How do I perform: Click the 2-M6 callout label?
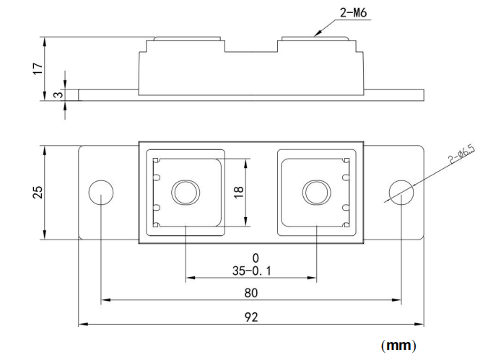coord(333,12)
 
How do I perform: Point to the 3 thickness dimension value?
coord(57,94)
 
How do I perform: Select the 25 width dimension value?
coord(38,193)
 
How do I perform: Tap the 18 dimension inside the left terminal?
coord(239,193)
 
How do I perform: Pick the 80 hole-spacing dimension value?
coord(250,293)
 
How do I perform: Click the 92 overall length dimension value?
coord(250,316)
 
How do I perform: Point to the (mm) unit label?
coord(398,345)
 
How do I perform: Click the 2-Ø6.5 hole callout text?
coord(460,154)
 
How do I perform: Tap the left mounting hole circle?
coord(100,193)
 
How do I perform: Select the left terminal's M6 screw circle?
coord(185,193)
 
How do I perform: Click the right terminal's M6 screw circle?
coord(315,193)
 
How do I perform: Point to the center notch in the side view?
coord(251,48)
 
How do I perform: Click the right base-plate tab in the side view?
coord(394,95)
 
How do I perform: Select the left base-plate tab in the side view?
coord(108,95)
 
